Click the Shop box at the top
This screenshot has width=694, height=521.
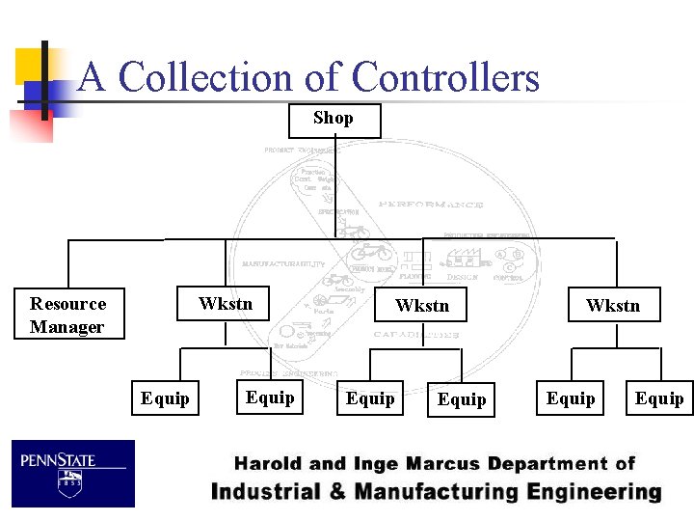point(334,121)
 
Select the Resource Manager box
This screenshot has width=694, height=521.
point(68,315)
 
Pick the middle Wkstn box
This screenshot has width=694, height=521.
point(422,306)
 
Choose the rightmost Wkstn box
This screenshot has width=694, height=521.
point(613,306)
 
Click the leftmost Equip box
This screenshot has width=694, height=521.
point(165,398)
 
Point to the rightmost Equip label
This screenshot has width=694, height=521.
point(659,398)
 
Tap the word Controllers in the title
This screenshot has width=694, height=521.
point(445,77)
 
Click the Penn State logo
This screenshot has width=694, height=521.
point(73,474)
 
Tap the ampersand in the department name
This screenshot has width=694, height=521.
point(337,492)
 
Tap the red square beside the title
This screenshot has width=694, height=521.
point(31,125)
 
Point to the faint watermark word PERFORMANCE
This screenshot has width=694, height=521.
point(430,205)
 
